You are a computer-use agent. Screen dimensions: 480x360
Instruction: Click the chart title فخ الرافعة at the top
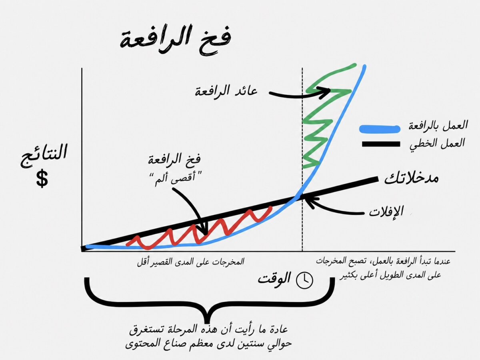click(x=175, y=39)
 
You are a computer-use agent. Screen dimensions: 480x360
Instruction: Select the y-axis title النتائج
click(x=44, y=155)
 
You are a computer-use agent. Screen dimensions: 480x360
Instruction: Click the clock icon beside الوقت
click(x=304, y=280)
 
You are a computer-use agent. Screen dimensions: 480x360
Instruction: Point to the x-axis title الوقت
click(x=274, y=279)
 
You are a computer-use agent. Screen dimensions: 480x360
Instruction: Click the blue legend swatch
click(x=380, y=129)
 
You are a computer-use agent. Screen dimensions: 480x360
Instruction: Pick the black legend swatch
click(x=381, y=144)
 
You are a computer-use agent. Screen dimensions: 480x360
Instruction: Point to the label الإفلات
click(x=386, y=211)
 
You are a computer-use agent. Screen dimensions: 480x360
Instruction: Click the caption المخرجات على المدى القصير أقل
click(x=190, y=262)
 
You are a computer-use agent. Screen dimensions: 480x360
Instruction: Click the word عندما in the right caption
click(x=440, y=261)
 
